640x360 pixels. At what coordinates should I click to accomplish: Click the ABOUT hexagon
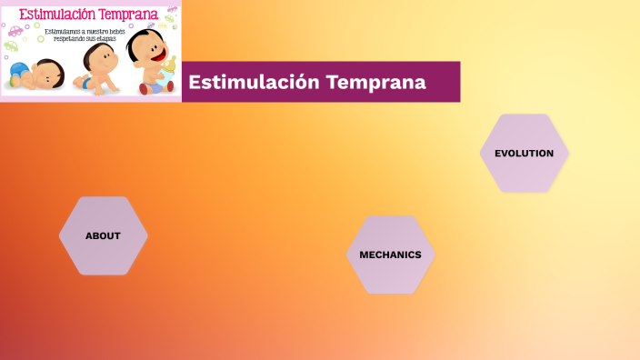[x=103, y=235]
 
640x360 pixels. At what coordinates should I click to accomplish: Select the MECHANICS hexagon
[x=390, y=255]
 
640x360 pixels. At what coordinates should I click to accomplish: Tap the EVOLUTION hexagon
[x=524, y=153]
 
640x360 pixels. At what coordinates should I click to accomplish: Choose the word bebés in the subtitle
[x=117, y=31]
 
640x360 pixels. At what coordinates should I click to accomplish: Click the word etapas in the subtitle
[x=106, y=39]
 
